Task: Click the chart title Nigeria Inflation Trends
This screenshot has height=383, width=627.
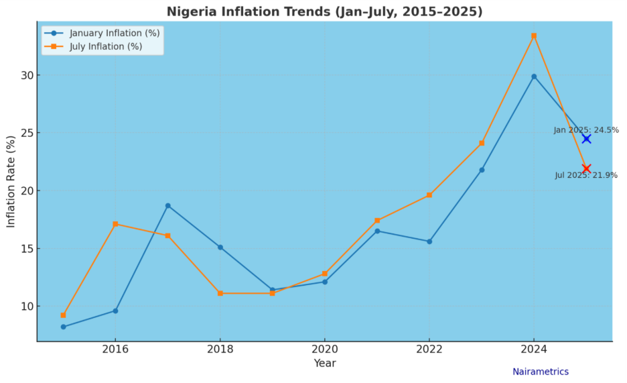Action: (x=324, y=11)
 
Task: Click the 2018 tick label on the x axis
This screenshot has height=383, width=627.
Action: (x=220, y=349)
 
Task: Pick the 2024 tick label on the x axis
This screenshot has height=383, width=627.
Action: (x=534, y=349)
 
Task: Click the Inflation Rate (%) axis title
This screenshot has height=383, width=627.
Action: (x=11, y=181)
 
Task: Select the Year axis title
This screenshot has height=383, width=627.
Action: (x=325, y=364)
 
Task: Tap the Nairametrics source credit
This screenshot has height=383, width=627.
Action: (x=541, y=372)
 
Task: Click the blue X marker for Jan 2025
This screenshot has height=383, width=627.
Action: (x=586, y=139)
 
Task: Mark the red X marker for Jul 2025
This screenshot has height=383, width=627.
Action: (x=586, y=168)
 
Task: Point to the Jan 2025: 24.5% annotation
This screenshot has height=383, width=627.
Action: (x=586, y=130)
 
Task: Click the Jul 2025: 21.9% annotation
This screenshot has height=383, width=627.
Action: (x=586, y=176)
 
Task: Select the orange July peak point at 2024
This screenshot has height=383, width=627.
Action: (x=534, y=36)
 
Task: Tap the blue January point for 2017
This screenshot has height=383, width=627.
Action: (x=167, y=205)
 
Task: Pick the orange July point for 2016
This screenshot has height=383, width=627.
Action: (x=115, y=224)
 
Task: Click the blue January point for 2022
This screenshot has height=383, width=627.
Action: (x=429, y=241)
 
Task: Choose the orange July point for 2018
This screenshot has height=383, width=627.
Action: (x=220, y=293)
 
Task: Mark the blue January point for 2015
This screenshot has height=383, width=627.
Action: (x=63, y=327)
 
